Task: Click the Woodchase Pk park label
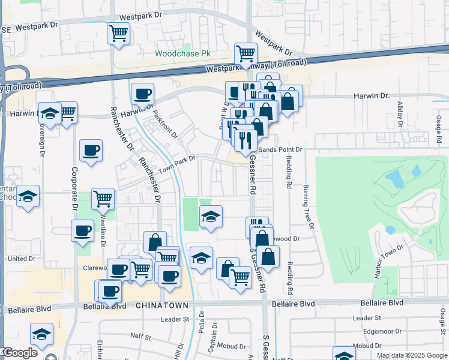(x=183, y=53)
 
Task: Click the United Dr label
(x=22, y=259)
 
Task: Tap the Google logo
(x=20, y=353)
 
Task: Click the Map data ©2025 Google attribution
(x=412, y=355)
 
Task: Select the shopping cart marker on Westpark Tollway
(x=246, y=54)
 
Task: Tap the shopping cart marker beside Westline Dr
(x=103, y=198)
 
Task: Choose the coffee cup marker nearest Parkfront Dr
(x=142, y=94)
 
